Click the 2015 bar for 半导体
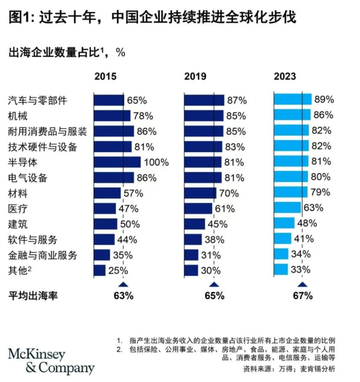click(117, 162)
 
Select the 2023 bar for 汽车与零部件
click(293, 100)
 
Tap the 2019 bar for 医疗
click(198, 208)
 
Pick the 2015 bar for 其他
click(100, 270)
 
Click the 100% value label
click(156, 162)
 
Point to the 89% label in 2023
click(324, 100)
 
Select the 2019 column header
click(195, 76)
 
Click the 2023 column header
click(285, 76)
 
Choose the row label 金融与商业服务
click(43, 255)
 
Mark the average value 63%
click(124, 296)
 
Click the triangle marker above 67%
click(302, 284)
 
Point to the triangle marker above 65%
click(214, 284)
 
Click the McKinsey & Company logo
click(51, 361)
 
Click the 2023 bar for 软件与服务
click(283, 238)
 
